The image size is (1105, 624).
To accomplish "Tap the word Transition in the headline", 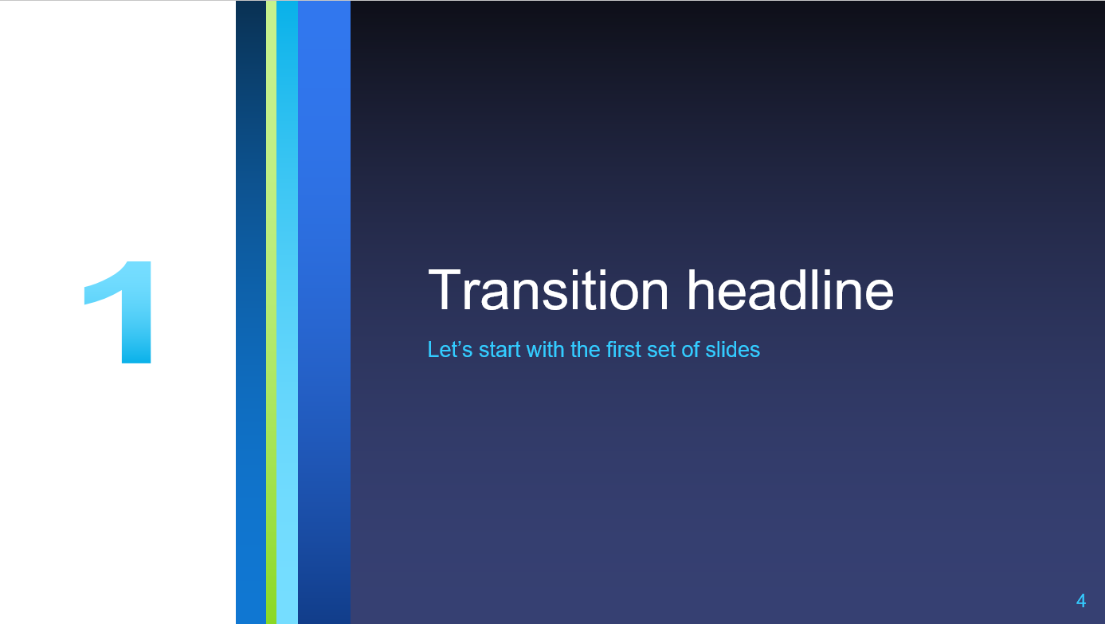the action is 548,290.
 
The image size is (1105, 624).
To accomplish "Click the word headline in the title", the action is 790,290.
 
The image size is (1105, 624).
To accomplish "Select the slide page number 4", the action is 1081,601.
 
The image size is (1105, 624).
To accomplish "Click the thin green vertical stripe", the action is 271,312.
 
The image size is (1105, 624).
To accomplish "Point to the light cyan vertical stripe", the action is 287,312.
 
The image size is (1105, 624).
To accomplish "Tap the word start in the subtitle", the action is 500,350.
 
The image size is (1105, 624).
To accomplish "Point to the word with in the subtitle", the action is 546,349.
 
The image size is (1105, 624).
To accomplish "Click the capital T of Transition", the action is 444,289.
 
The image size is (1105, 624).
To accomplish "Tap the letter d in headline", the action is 806,290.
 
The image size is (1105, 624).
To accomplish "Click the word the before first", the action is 586,349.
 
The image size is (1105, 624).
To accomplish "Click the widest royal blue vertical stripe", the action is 324,312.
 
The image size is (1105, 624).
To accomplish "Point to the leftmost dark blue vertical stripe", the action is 251,312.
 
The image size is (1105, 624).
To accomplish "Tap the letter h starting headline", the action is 702,289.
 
